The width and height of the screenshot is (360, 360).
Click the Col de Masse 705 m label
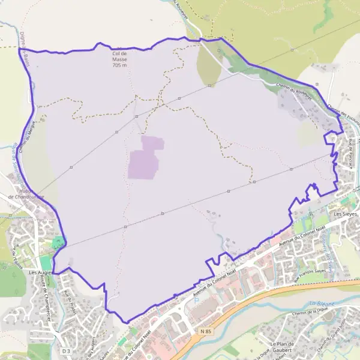pyautogui.click(x=120, y=59)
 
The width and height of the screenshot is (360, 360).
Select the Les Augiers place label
pyautogui.click(x=41, y=272)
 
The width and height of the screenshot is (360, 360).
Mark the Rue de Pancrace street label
pyautogui.click(x=350, y=155)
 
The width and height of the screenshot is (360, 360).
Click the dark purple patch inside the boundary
pyautogui.click(x=145, y=157)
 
